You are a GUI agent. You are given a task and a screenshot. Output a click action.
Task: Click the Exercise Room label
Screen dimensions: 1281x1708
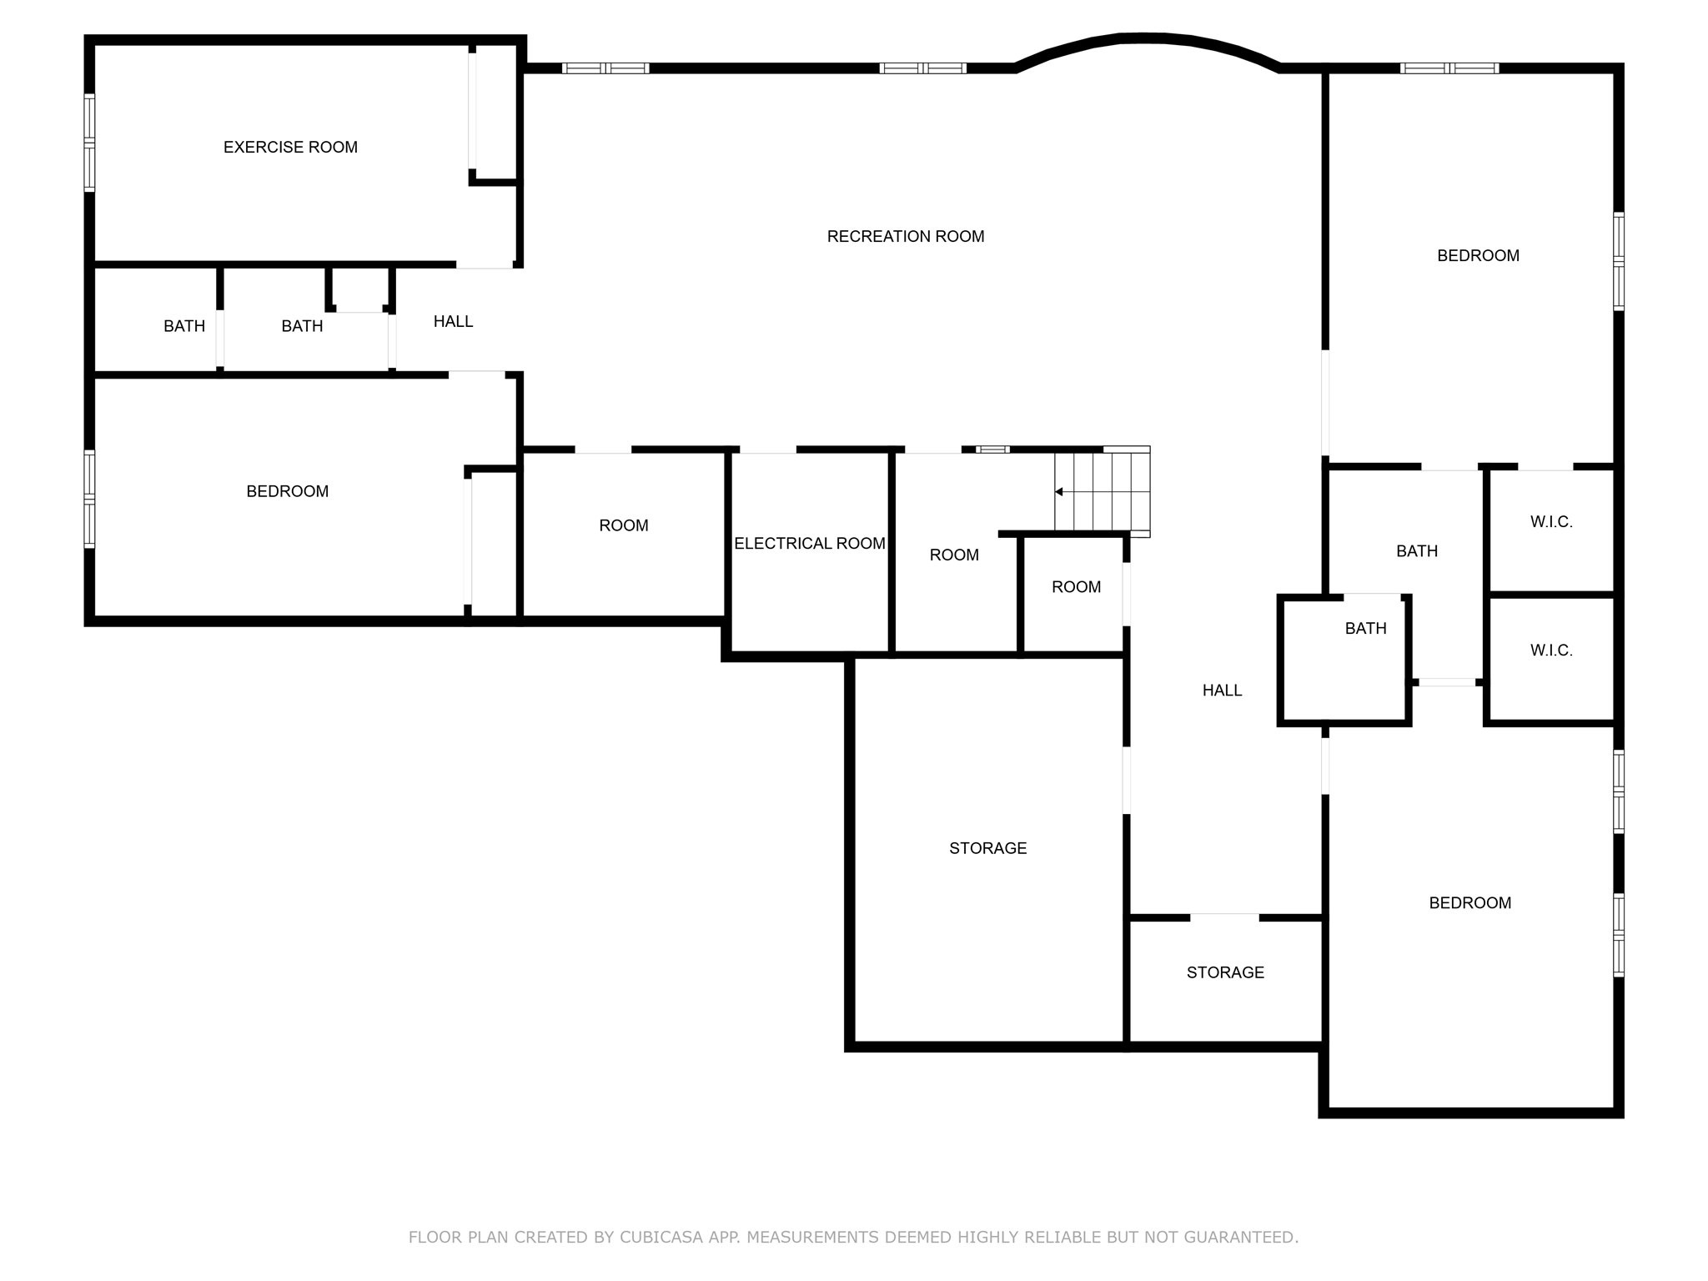pyautogui.click(x=290, y=148)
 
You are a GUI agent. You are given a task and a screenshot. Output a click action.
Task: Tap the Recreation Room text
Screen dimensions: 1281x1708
pyautogui.click(x=905, y=237)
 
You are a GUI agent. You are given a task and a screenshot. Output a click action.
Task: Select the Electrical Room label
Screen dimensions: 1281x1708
pyautogui.click(x=809, y=544)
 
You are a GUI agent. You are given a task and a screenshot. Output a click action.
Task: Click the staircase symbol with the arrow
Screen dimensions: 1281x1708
pyautogui.click(x=1101, y=492)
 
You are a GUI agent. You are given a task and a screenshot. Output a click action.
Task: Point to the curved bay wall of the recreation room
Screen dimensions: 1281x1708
pyautogui.click(x=1147, y=38)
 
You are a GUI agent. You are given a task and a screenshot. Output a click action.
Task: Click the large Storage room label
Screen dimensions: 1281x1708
pyautogui.click(x=987, y=848)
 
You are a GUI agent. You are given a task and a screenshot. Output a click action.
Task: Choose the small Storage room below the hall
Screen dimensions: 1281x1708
pyautogui.click(x=1224, y=972)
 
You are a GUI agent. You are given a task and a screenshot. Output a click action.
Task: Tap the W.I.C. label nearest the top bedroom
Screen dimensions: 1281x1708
pyautogui.click(x=1551, y=522)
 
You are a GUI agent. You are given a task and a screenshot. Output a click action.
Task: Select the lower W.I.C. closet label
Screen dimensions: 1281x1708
pyautogui.click(x=1551, y=651)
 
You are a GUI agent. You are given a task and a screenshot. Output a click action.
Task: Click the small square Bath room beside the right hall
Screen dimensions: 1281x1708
pyautogui.click(x=1365, y=629)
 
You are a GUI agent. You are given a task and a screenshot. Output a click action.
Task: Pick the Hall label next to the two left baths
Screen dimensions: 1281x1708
pyautogui.click(x=453, y=322)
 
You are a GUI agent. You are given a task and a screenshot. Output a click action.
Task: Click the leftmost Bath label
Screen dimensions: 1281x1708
pyautogui.click(x=184, y=326)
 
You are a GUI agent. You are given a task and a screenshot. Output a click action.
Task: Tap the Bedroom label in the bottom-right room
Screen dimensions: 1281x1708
pyautogui.click(x=1469, y=903)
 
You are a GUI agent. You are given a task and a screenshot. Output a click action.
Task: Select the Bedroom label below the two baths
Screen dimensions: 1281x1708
pyautogui.click(x=287, y=492)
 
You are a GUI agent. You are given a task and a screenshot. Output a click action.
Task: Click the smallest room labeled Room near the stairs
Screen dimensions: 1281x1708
pyautogui.click(x=1076, y=587)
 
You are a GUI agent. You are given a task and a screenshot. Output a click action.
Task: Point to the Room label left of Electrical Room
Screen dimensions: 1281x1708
pyautogui.click(x=623, y=525)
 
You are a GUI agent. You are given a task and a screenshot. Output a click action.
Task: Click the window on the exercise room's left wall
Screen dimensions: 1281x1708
pyautogui.click(x=89, y=143)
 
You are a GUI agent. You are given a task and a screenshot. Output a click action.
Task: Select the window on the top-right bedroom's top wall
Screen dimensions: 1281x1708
pyautogui.click(x=1449, y=68)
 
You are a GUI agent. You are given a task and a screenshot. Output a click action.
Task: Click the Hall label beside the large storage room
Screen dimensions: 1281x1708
pyautogui.click(x=1222, y=691)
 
